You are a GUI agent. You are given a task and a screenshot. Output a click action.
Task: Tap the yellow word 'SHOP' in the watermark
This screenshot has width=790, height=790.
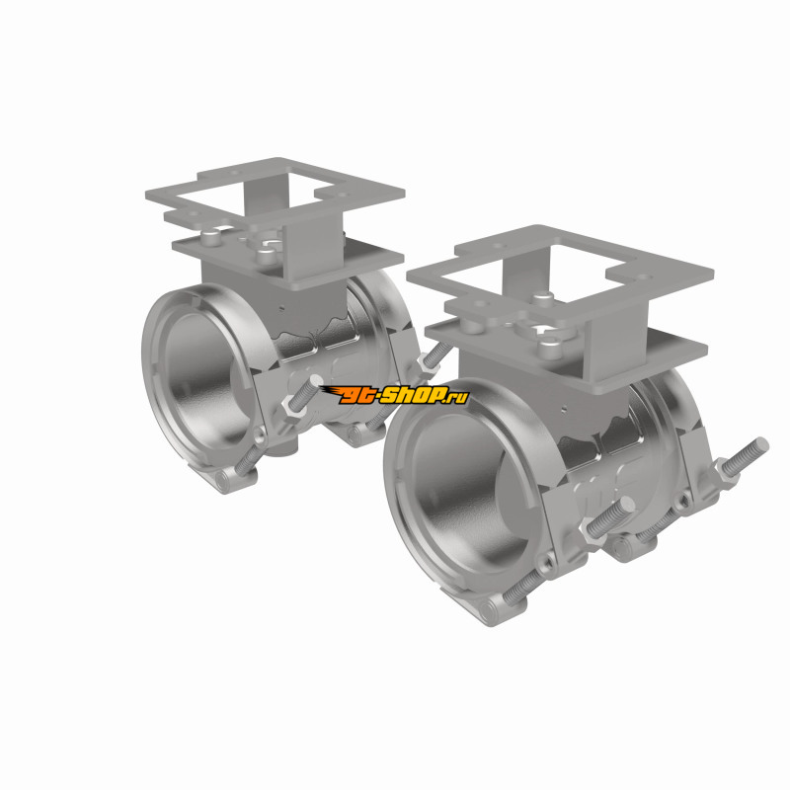click(407, 395)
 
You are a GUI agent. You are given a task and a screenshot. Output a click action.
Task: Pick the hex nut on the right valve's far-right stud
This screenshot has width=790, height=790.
click(726, 473)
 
